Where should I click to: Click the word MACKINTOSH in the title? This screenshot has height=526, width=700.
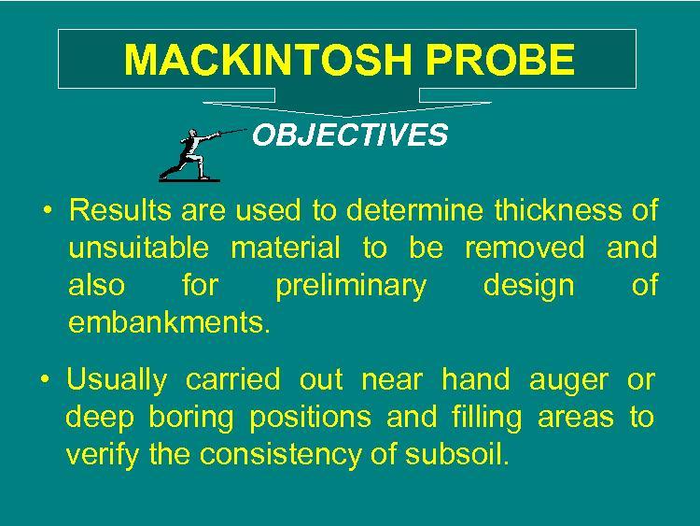point(268,60)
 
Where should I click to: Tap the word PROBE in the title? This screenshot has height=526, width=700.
point(500,60)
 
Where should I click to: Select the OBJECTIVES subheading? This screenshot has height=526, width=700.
point(350,135)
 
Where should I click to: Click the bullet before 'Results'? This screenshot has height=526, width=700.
point(48,209)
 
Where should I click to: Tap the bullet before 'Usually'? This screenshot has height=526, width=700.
point(45,379)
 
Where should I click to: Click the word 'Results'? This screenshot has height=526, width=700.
point(120,209)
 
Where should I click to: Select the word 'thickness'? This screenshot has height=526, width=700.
point(557,209)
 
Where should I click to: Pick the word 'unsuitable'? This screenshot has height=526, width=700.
point(139,248)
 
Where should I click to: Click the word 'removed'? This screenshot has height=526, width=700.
point(525,248)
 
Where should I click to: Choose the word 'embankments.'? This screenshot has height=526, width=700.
point(170,321)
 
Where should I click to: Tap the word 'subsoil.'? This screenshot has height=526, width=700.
point(456,454)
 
